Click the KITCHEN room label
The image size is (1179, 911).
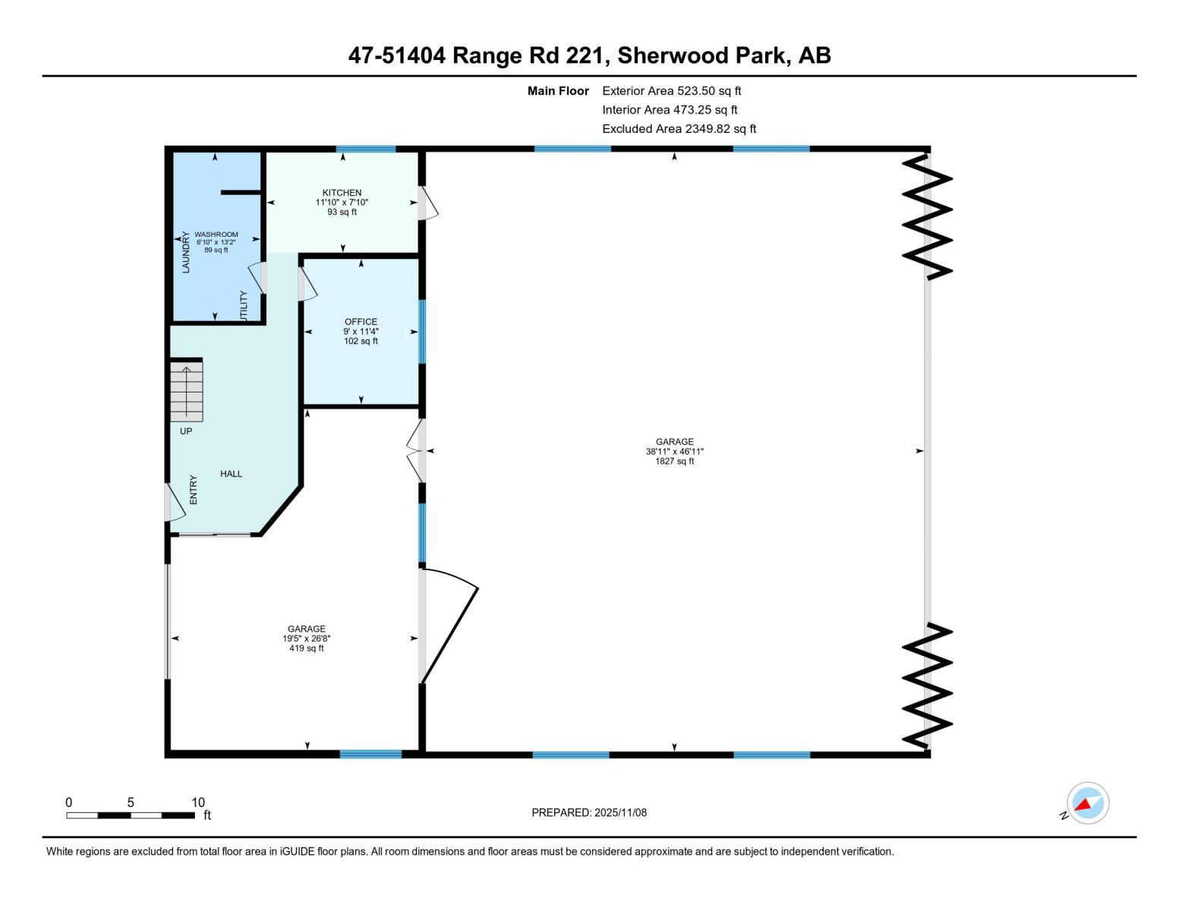click(342, 193)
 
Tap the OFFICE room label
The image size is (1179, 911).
click(361, 322)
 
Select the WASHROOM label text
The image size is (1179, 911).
click(216, 235)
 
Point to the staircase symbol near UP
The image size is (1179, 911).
click(187, 391)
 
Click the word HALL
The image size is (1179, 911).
click(232, 474)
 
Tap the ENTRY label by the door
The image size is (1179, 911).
click(193, 490)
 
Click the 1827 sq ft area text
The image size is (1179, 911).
click(674, 461)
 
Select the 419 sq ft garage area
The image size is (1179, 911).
click(306, 648)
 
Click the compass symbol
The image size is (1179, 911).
click(1087, 803)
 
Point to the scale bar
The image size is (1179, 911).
click(130, 815)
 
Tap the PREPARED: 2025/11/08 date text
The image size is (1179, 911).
click(589, 812)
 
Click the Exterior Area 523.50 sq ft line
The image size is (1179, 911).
click(671, 90)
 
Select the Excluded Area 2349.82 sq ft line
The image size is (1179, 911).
click(679, 128)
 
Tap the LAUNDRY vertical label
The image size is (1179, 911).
click(186, 252)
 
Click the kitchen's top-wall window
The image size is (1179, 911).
click(366, 149)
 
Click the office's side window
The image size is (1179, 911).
click(422, 332)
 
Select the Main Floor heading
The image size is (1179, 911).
click(558, 90)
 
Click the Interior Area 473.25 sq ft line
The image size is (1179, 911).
click(670, 109)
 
